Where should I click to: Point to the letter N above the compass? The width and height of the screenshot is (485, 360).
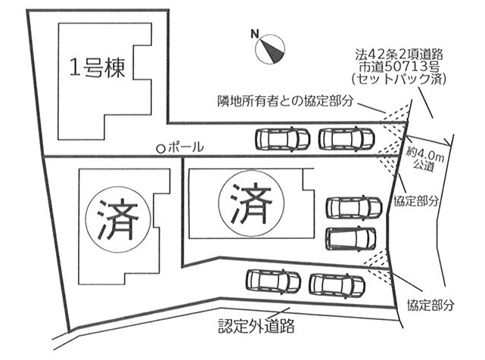coord(256,33)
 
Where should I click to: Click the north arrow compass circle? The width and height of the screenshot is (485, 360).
coord(272,50)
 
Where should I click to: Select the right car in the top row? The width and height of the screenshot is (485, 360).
coord(346,139)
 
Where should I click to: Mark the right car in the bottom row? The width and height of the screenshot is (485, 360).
coord(337,284)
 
